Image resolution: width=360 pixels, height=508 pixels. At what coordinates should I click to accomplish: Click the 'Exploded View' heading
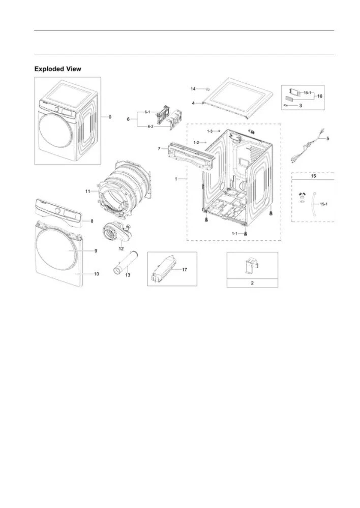[57, 69]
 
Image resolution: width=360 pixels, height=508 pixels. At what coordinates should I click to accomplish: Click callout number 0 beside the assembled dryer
[109, 117]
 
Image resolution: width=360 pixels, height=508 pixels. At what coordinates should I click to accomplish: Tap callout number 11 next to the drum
[87, 191]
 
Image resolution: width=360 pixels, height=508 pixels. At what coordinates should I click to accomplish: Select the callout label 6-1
[147, 112]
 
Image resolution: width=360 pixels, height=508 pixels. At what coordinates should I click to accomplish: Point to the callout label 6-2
[151, 126]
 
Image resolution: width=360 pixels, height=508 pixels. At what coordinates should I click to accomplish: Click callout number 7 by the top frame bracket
[159, 149]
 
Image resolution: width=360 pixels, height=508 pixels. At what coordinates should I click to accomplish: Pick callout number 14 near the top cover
[193, 89]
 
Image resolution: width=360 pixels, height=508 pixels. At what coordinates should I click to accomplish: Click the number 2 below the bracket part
[252, 283]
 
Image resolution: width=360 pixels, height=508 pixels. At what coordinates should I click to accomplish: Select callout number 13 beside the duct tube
[128, 275]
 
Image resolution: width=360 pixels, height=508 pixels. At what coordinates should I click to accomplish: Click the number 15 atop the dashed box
[313, 176]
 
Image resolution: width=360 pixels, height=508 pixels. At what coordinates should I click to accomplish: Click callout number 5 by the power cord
[327, 138]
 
